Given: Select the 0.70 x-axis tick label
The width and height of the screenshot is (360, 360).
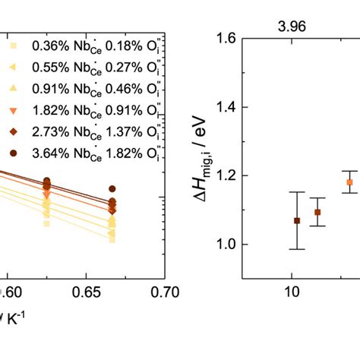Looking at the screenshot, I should (153, 291).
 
